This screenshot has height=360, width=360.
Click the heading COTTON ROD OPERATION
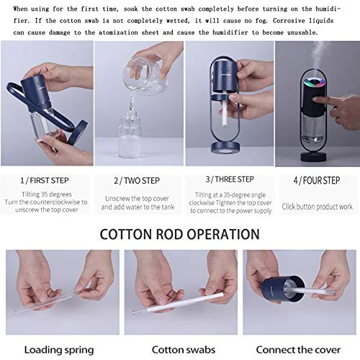pos(179,234)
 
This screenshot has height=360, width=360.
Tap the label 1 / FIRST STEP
pos(45,179)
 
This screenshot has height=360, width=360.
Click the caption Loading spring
pos(60,350)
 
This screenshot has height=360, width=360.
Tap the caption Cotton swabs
pos(179,350)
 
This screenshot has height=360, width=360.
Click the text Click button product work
pos(317,207)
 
